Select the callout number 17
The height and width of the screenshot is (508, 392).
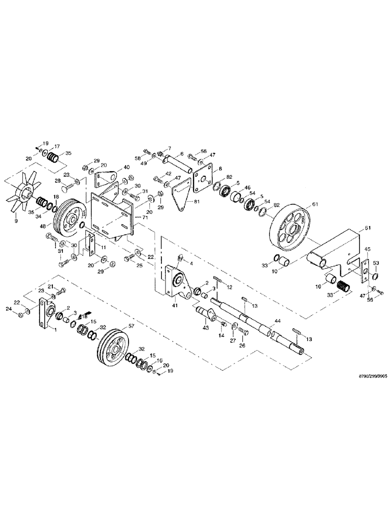pos(57,145)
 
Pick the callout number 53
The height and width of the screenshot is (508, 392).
pos(376,262)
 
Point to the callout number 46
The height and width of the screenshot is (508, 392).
pos(248,188)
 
